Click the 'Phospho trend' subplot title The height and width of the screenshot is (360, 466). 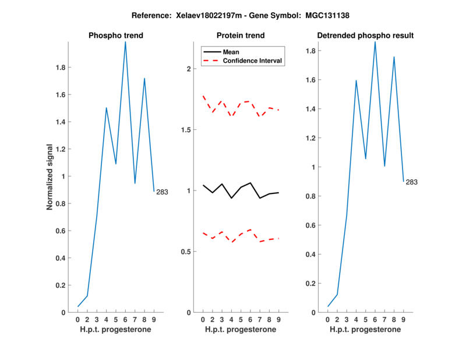pos(115,36)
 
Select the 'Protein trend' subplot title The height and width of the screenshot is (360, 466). pos(241,36)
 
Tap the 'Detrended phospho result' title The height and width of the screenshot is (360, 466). pos(365,36)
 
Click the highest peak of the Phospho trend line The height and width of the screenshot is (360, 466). pos(125,42)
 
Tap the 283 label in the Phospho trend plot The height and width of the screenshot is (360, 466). pos(162,192)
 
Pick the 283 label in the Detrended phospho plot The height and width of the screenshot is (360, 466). pos(411,182)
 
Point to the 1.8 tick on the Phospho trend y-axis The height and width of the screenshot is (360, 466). pos(59,68)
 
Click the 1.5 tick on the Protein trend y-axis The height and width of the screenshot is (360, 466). pos(186,129)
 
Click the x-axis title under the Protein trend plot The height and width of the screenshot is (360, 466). pos(241,330)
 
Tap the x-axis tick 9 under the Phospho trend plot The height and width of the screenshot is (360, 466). pos(154,319)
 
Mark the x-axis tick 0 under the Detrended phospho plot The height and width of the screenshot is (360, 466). pos(328,319)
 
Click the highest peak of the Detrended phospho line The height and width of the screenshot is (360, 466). pos(375,42)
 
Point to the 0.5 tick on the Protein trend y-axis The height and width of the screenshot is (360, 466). pos(186,252)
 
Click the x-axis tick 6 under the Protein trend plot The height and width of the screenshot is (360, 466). pos(250,319)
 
